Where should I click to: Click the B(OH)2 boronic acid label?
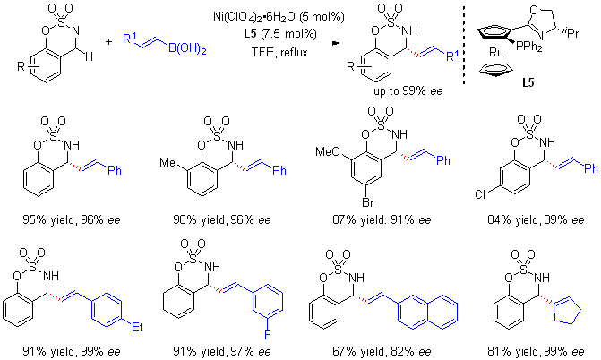(x=187, y=49)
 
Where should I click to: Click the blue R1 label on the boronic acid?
(x=130, y=38)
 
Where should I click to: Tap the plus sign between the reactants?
(x=109, y=40)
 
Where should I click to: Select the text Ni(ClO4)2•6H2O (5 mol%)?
(x=279, y=17)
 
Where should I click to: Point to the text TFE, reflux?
(x=279, y=52)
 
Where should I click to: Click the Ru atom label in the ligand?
(x=495, y=52)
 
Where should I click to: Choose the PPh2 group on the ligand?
(x=529, y=47)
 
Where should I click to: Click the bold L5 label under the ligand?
(x=528, y=82)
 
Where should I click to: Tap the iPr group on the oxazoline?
(x=571, y=33)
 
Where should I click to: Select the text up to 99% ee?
(x=408, y=90)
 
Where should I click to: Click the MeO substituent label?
(x=328, y=152)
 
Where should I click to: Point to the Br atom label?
(x=367, y=202)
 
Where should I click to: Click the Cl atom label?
(x=479, y=194)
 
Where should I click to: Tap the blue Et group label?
(x=137, y=327)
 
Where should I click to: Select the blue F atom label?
(x=267, y=335)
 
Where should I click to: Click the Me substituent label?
(x=167, y=163)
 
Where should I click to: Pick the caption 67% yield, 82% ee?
(x=382, y=352)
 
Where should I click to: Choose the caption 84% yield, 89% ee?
(x=536, y=220)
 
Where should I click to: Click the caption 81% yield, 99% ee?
(x=536, y=352)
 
